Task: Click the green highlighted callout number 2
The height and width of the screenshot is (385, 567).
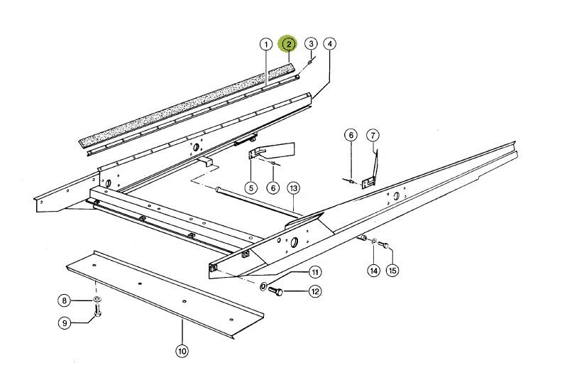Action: (x=288, y=44)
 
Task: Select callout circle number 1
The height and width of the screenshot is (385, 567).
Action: (x=265, y=44)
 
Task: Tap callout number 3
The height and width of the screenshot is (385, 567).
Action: (x=310, y=44)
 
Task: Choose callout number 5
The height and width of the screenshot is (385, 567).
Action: (x=251, y=188)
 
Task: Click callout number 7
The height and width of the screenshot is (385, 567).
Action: (x=373, y=135)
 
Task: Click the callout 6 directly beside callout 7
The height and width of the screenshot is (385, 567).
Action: (x=350, y=135)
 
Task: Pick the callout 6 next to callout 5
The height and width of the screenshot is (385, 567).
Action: (x=274, y=188)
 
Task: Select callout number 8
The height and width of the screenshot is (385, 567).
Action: (x=64, y=300)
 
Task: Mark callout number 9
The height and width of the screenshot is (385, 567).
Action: (x=64, y=323)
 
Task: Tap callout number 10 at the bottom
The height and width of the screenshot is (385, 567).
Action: (x=182, y=349)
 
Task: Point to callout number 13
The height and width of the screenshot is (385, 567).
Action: (x=294, y=188)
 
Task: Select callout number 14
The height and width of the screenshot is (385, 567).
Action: (x=373, y=270)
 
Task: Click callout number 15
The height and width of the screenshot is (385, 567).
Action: (x=392, y=270)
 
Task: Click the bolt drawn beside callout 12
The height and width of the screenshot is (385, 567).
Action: (x=279, y=291)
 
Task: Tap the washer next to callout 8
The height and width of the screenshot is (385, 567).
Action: (x=97, y=300)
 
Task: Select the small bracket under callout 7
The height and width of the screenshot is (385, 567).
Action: (x=368, y=183)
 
